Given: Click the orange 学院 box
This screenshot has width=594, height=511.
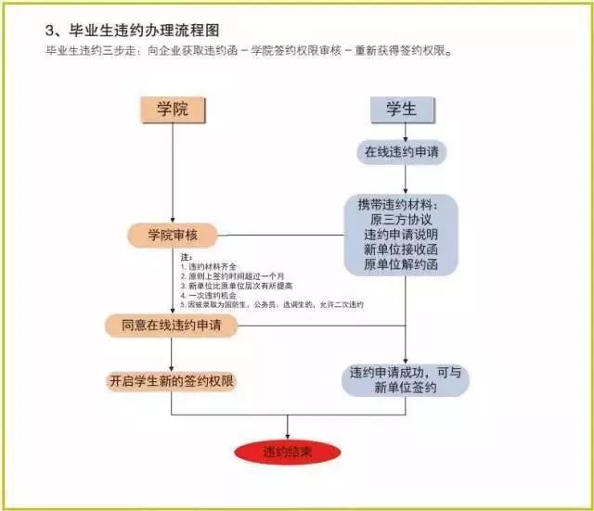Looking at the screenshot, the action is coord(173,109).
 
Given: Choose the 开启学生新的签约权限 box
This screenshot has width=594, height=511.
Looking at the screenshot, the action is coord(171,381).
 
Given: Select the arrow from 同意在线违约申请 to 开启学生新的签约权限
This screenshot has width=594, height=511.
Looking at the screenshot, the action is coord(173,354).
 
